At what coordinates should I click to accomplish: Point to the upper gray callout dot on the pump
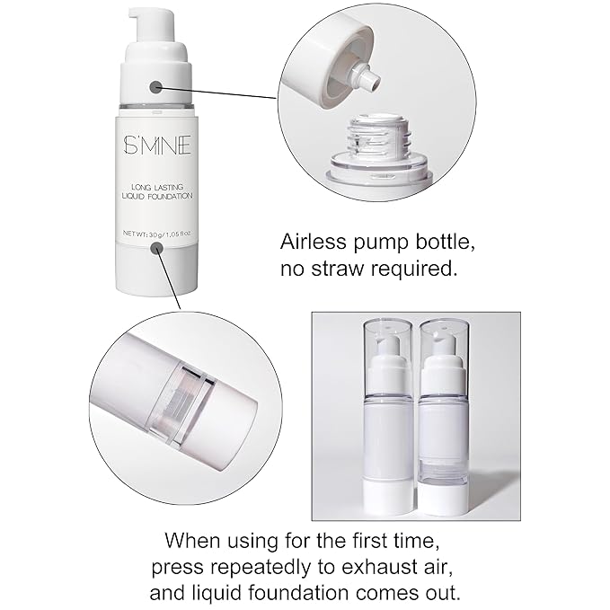click(156, 86)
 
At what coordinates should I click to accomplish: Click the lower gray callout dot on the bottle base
click(159, 253)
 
